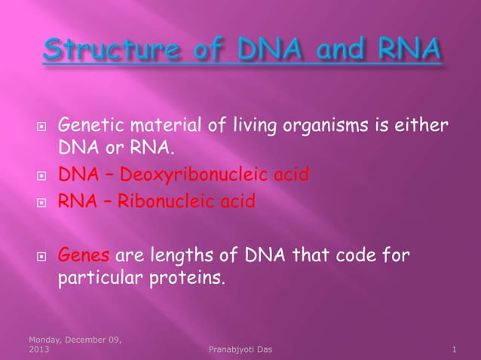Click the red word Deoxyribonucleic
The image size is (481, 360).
[x=191, y=176]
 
